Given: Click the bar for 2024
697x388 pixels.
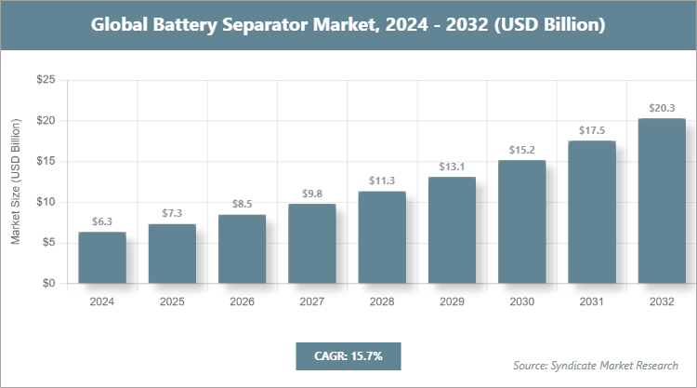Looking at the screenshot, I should click(102, 258).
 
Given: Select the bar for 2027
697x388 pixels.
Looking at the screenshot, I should click(311, 244).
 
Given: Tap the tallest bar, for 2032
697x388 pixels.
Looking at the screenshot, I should click(661, 201).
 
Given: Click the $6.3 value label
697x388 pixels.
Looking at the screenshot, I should click(102, 221).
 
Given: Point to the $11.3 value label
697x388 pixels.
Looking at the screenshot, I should click(382, 181).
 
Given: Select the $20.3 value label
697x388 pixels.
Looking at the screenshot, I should click(661, 108).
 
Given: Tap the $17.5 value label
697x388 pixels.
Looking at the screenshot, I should click(591, 130).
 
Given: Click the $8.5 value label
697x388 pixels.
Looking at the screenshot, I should click(242, 204).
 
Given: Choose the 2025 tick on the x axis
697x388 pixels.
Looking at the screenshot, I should click(172, 301).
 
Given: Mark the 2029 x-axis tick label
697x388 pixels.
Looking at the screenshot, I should click(452, 301).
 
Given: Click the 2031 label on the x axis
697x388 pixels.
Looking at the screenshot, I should click(591, 301).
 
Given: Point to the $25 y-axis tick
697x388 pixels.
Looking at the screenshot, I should click(45, 81).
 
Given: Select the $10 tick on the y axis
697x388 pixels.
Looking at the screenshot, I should click(45, 202).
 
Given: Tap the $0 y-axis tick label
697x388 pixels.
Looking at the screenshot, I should click(48, 283).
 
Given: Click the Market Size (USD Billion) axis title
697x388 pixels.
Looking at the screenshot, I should click(16, 182).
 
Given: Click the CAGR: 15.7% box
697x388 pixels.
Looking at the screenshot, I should click(348, 355).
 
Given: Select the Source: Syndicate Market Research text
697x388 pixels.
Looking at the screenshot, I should click(595, 365).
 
